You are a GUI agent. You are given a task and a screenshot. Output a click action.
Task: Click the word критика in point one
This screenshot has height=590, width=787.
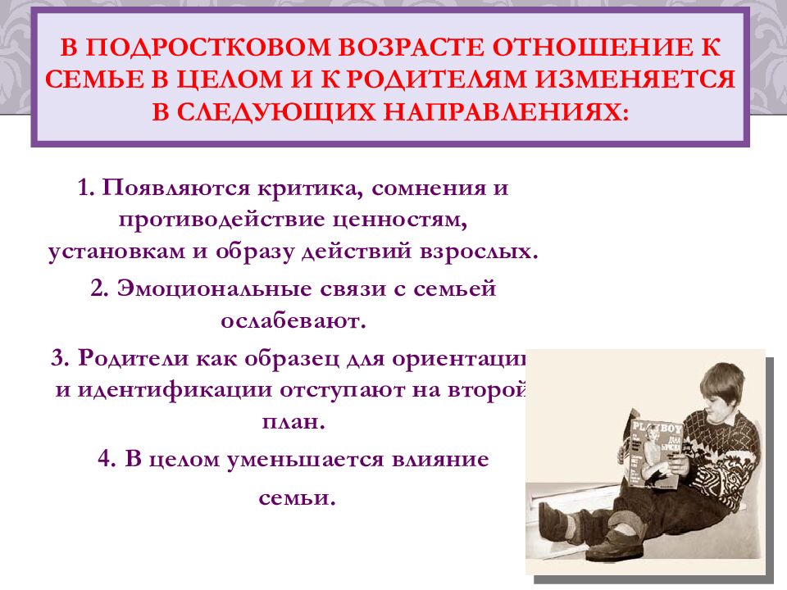coord(307,188)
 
